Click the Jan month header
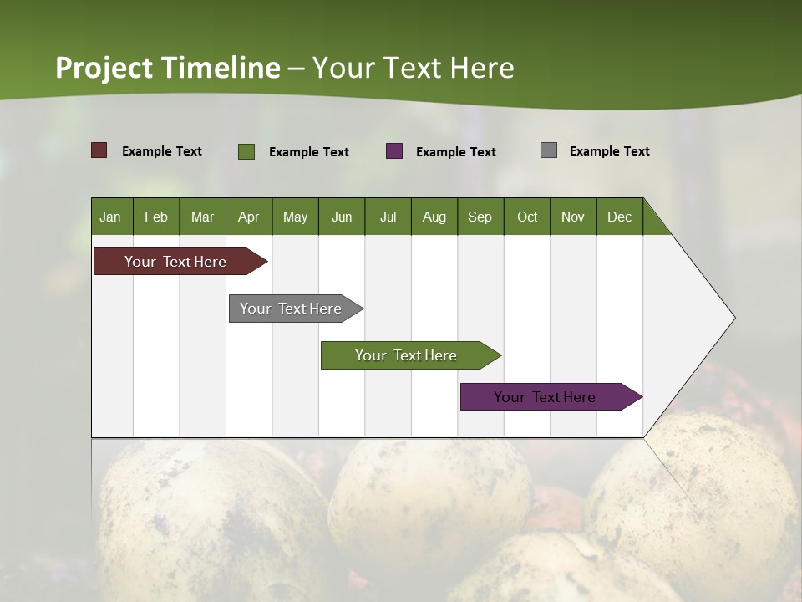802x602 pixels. [111, 217]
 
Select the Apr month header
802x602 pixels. [249, 217]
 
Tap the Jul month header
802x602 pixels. [388, 217]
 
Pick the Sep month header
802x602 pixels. [480, 217]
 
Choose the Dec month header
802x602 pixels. [619, 217]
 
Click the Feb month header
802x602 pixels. [156, 217]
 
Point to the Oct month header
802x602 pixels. [527, 217]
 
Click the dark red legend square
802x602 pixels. [99, 150]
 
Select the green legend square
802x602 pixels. [246, 151]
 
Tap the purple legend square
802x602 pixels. [394, 151]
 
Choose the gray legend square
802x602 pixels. [549, 150]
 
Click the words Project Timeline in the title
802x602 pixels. [168, 68]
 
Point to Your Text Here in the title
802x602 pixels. [414, 68]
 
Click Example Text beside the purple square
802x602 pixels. [456, 152]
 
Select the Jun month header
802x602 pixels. [342, 217]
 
